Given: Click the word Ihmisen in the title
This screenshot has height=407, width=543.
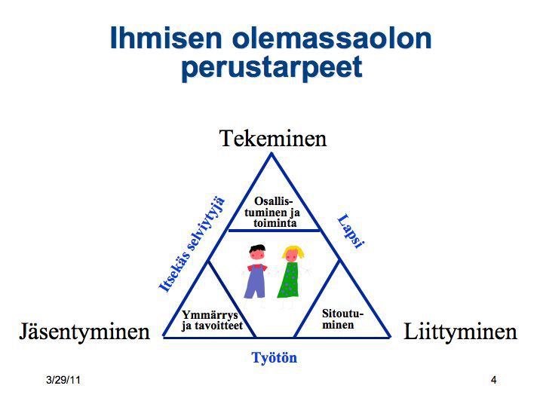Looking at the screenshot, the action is pyautogui.click(x=166, y=38).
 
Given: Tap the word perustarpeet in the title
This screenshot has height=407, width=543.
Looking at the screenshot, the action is pyautogui.click(x=271, y=68).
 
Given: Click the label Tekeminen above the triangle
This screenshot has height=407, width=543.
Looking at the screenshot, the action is pyautogui.click(x=273, y=139).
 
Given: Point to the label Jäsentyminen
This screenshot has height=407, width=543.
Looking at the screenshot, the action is pyautogui.click(x=84, y=332).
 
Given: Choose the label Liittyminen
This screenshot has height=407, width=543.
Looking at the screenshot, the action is pyautogui.click(x=460, y=332).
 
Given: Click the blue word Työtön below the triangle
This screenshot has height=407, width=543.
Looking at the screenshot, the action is pyautogui.click(x=275, y=358).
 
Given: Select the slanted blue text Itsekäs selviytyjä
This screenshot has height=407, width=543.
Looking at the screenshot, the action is pyautogui.click(x=192, y=244).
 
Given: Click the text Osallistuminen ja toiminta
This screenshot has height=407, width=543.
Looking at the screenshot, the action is pyautogui.click(x=272, y=212).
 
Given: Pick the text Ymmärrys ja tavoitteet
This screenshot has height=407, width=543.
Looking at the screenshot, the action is pyautogui.click(x=212, y=320).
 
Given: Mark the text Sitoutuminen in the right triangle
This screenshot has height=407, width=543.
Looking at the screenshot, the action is pyautogui.click(x=342, y=319).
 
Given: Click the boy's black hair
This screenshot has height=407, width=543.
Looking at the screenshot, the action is pyautogui.click(x=257, y=249).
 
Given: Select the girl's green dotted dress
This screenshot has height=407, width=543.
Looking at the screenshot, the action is pyautogui.click(x=288, y=280).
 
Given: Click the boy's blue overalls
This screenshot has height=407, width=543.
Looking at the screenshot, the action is pyautogui.click(x=256, y=282).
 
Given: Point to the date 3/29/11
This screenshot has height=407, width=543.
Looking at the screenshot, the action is pyautogui.click(x=63, y=380).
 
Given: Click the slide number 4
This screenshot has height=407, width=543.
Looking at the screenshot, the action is pyautogui.click(x=494, y=380).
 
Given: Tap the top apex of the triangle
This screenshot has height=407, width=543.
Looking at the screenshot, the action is pyautogui.click(x=271, y=155).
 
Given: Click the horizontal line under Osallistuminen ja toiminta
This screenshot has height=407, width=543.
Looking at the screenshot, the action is pyautogui.click(x=274, y=230).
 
